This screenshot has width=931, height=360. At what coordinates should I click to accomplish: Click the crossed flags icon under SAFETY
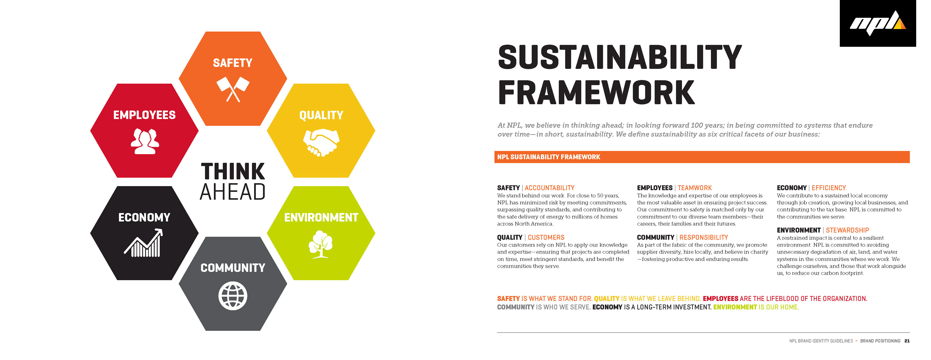pyautogui.click(x=233, y=89)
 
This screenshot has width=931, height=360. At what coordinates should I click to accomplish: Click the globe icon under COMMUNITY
pyautogui.click(x=233, y=296)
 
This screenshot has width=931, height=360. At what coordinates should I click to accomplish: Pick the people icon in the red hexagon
pyautogui.click(x=144, y=141)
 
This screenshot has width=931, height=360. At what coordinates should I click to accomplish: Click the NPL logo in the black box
pyautogui.click(x=877, y=24)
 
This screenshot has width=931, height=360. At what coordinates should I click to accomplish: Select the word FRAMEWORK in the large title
pyautogui.click(x=596, y=92)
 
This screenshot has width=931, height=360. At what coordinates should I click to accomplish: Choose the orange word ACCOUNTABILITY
pyautogui.click(x=549, y=188)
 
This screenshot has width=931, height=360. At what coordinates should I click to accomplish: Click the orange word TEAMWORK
pyautogui.click(x=695, y=188)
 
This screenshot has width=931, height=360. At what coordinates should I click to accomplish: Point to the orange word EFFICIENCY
pyautogui.click(x=829, y=188)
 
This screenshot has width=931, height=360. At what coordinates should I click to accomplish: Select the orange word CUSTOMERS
pyautogui.click(x=546, y=237)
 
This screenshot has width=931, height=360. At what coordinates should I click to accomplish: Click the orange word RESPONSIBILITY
pyautogui.click(x=704, y=237)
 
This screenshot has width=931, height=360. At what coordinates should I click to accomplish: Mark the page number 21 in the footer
pyautogui.click(x=907, y=341)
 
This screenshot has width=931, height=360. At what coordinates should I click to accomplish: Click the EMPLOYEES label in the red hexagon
pyautogui.click(x=144, y=115)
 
